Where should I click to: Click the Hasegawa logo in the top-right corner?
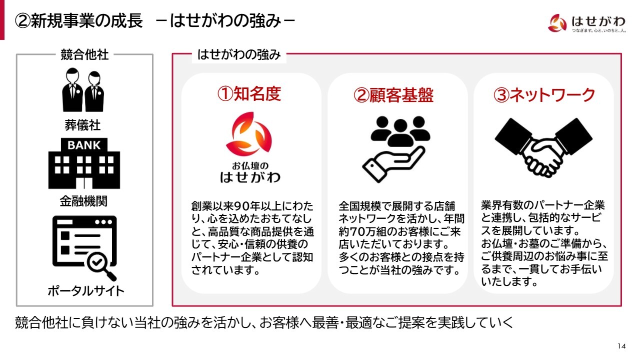587,23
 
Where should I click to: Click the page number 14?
621,346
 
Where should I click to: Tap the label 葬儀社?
82,125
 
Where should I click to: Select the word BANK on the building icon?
84,145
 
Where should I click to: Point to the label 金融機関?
83,201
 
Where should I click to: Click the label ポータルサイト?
85,291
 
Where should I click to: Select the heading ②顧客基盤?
393,95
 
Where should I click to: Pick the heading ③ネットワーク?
544,95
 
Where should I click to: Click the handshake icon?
543,147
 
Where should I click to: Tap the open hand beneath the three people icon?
393,165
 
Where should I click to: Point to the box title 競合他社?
84,54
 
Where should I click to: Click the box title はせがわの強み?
239,54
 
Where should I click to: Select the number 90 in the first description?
241,206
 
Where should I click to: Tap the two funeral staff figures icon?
83,89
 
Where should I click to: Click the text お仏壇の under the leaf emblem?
250,166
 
